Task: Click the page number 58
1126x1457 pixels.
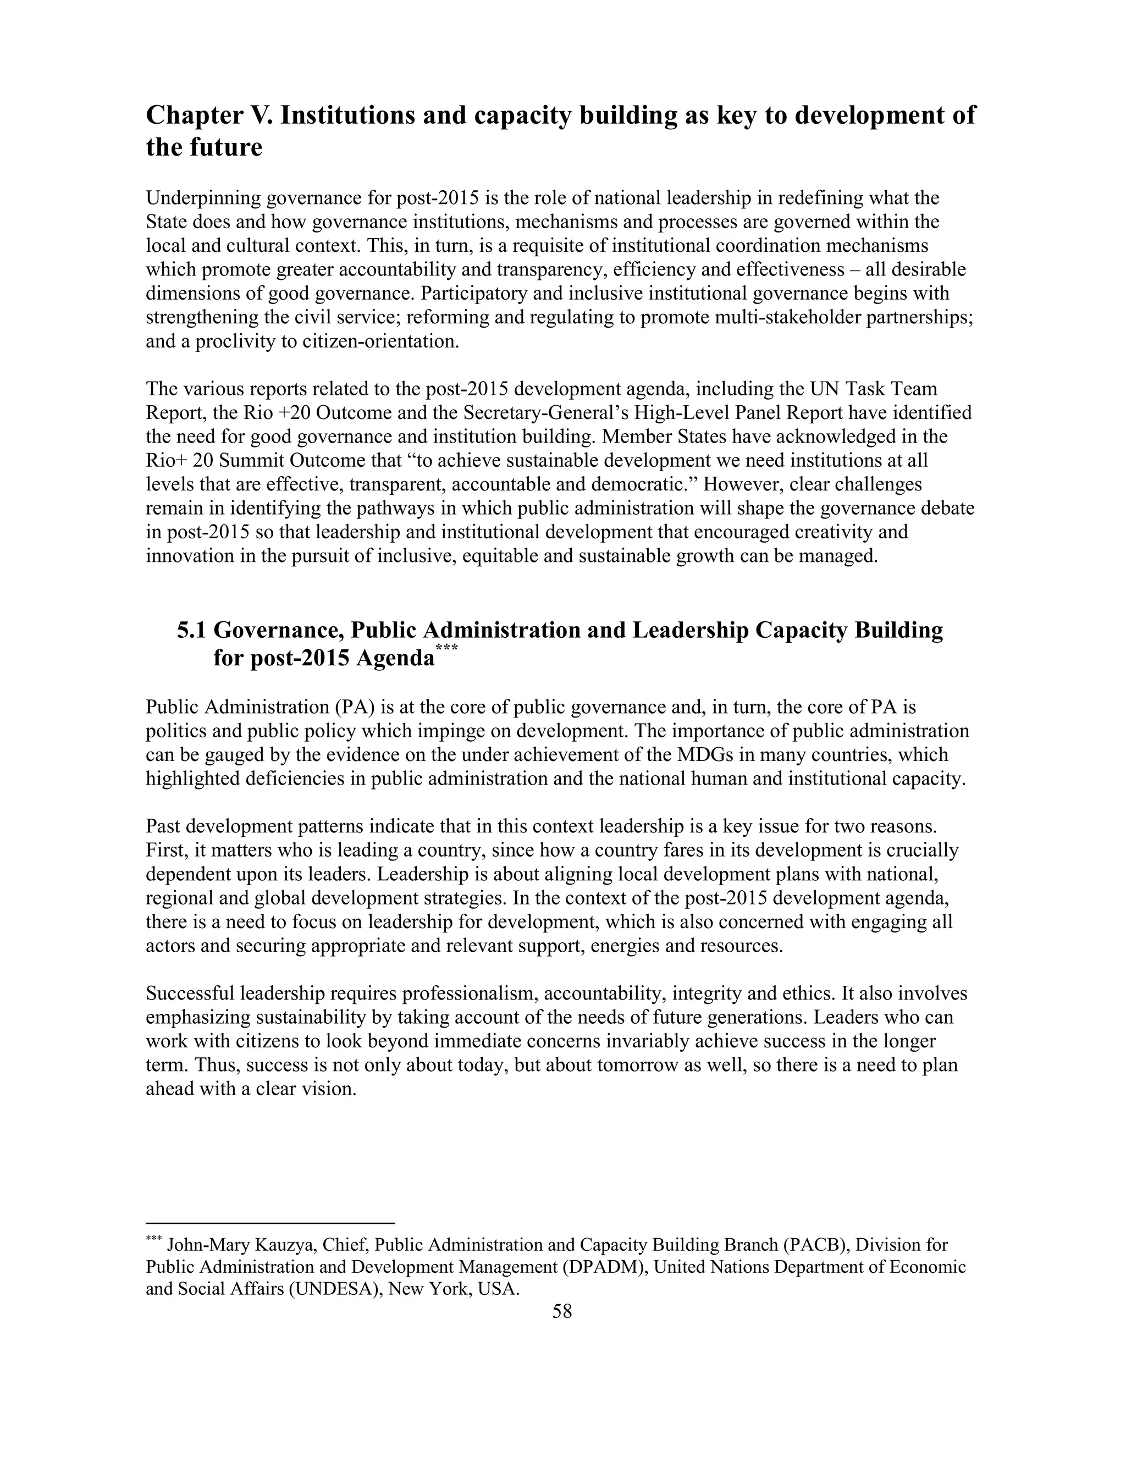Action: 562,1311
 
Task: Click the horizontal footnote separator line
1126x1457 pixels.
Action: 270,1223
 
